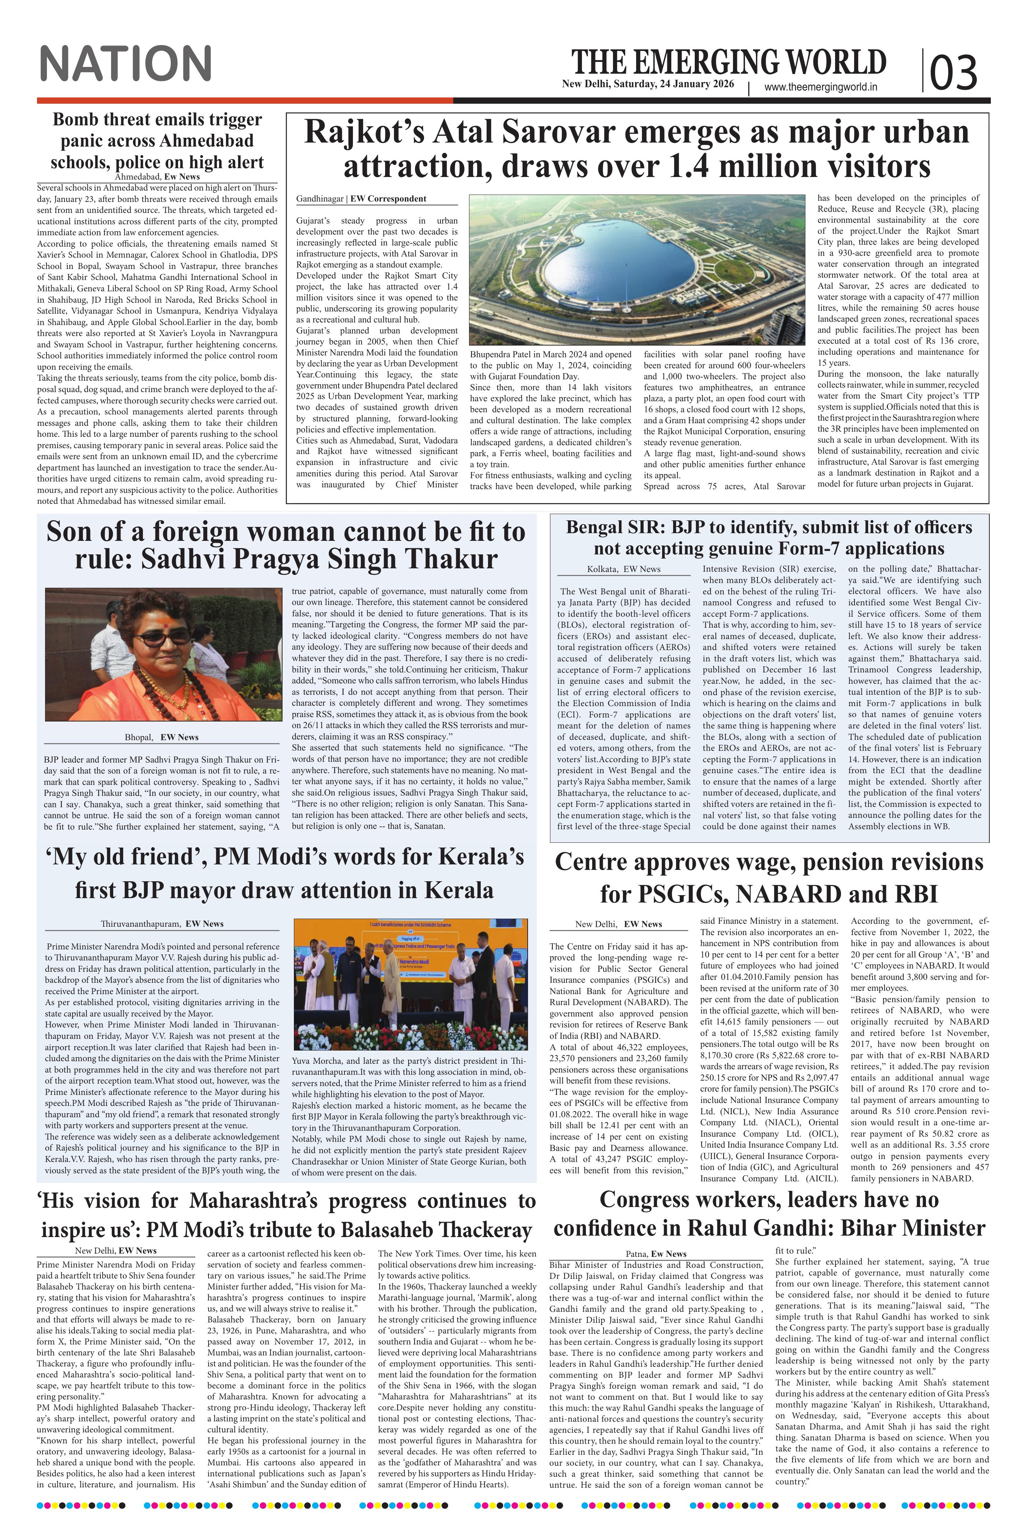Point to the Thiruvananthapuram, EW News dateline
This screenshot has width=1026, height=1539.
162,924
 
